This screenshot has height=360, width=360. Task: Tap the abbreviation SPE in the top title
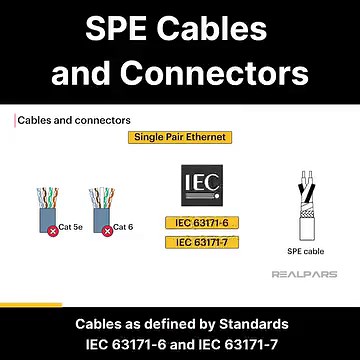pyautogui.click(x=124, y=27)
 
